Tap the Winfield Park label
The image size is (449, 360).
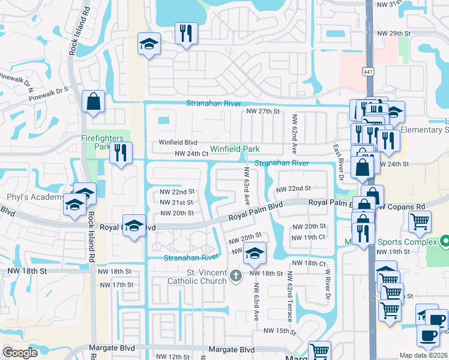pyautogui.click(x=234, y=149)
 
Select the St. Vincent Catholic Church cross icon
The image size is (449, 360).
pyautogui.click(x=236, y=275)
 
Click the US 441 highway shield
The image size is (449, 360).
pyautogui.click(x=367, y=71)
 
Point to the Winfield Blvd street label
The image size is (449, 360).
pyautogui.click(x=178, y=143)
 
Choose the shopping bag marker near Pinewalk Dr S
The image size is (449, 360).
pyautogui.click(x=94, y=103)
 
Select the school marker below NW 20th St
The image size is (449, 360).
pyautogui.click(x=255, y=255)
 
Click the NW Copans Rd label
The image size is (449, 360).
pyautogui.click(x=402, y=206)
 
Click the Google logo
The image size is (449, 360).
pyautogui.click(x=20, y=352)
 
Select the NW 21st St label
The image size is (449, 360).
pyautogui.click(x=177, y=202)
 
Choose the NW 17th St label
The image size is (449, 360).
pyautogui.click(x=115, y=284)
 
